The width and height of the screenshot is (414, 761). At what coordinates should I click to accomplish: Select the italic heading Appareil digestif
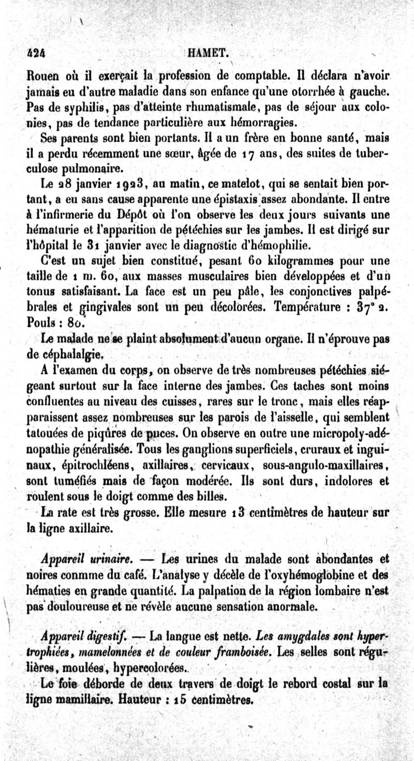tap(85, 635)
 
